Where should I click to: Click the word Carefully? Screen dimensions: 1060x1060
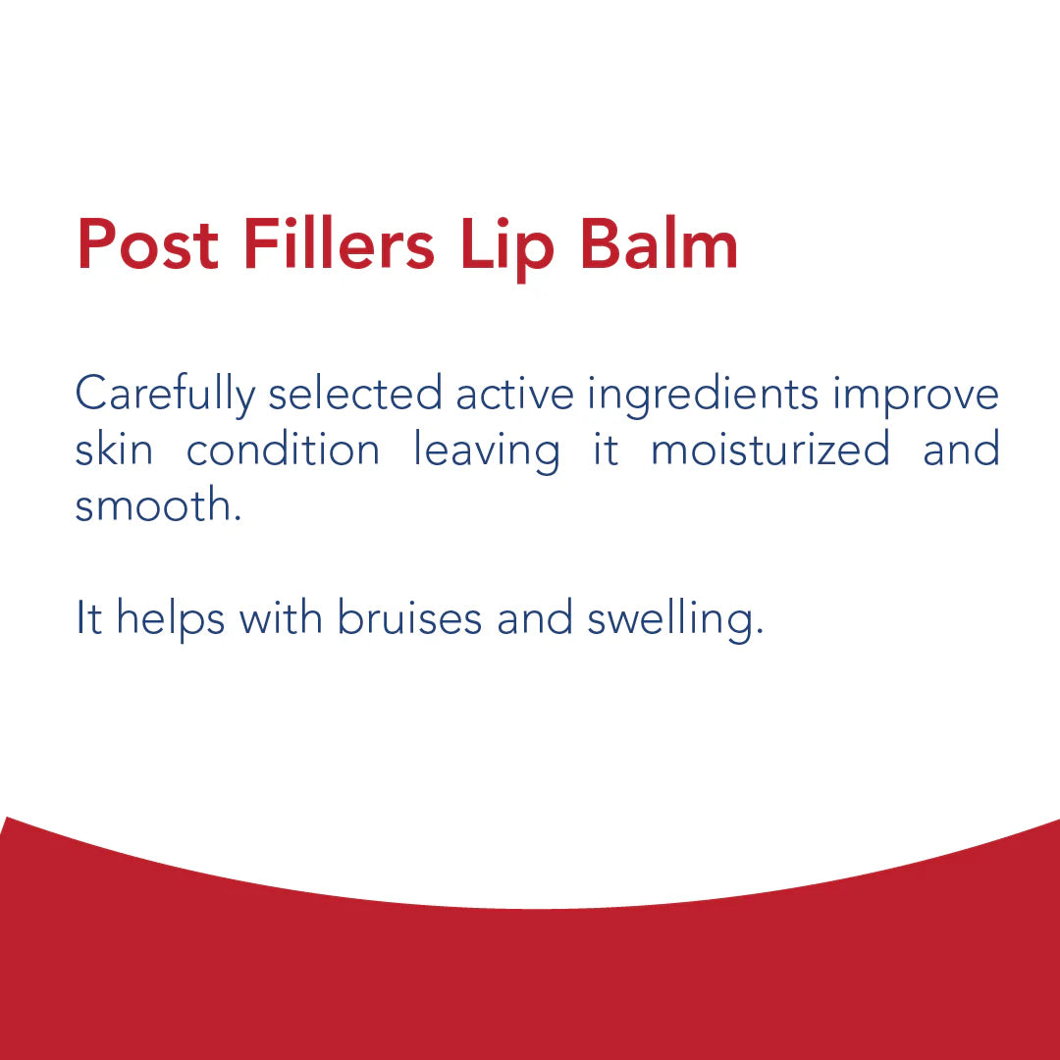[x=164, y=396]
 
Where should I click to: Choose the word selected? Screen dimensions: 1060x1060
[x=355, y=394]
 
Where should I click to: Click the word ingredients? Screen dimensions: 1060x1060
[x=703, y=396]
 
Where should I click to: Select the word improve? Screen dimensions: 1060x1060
[x=916, y=396]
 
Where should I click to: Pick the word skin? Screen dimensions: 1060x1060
[x=114, y=450]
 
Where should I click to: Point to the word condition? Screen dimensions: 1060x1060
[x=283, y=450]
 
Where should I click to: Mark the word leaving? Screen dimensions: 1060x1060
[x=486, y=451]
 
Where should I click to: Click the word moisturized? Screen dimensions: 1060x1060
[x=770, y=450]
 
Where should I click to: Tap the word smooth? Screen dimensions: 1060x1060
[x=157, y=505]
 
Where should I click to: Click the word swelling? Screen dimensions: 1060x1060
[x=674, y=619]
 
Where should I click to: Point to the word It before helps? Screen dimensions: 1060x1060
[x=88, y=617]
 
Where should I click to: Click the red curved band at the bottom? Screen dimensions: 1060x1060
[x=530, y=981]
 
